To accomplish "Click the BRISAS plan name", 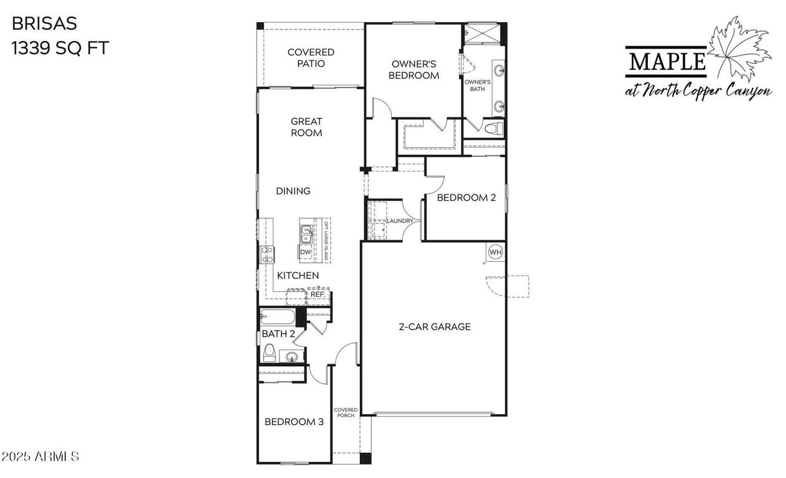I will [44, 23].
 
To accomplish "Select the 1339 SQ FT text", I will [60, 48].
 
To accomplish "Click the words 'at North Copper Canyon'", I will [698, 91].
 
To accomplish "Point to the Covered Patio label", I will [311, 58].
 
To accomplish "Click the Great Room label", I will [306, 127].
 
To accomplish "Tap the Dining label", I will [293, 191].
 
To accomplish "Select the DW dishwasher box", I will [305, 253].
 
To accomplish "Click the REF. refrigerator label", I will [317, 295].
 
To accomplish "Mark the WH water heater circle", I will [496, 252].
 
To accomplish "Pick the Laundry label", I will [399, 221].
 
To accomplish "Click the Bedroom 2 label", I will [466, 198].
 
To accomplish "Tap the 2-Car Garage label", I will [435, 327].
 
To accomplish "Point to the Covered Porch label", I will [346, 412].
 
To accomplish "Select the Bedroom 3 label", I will [294, 422].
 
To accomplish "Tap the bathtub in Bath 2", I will [277, 317].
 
